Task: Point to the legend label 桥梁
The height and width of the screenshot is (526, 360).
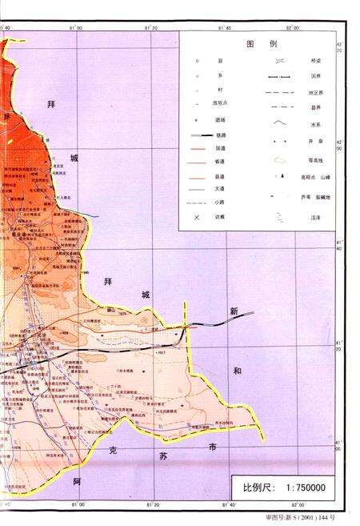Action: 303,60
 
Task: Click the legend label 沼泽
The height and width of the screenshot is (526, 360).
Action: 303,217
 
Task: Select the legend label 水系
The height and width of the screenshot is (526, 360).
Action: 303,122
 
